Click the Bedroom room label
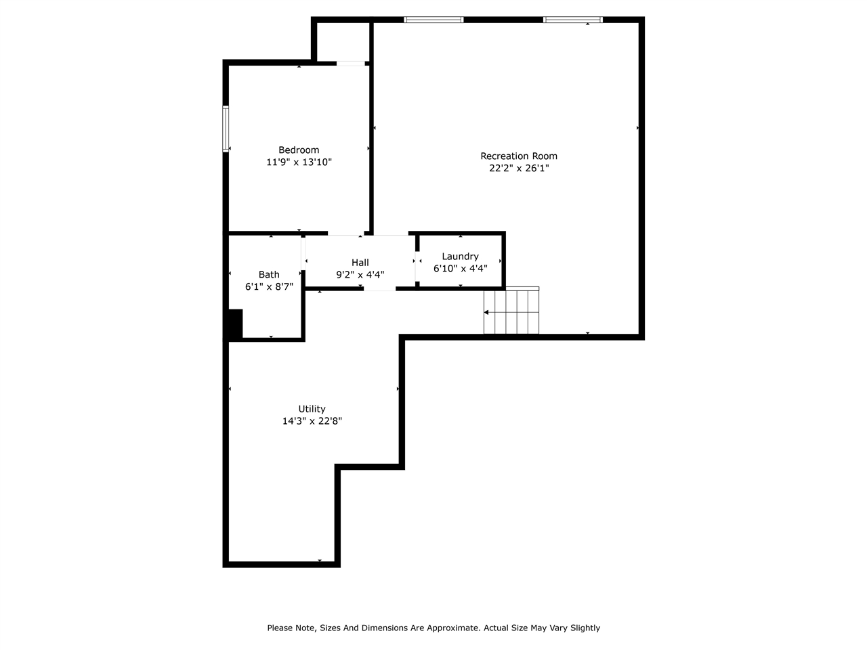click(299, 150)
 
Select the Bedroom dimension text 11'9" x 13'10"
click(299, 162)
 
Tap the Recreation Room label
click(519, 156)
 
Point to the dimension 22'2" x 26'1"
click(519, 169)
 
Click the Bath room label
click(269, 275)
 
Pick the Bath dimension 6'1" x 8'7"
click(269, 287)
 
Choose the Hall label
click(360, 263)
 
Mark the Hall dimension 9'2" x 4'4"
click(360, 275)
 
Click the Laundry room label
click(460, 257)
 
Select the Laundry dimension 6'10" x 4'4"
click(460, 268)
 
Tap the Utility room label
click(312, 409)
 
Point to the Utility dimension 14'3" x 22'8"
click(312, 421)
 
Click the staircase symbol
click(511, 311)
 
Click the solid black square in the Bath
click(234, 324)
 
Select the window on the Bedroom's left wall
click(226, 129)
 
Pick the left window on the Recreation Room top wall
click(433, 20)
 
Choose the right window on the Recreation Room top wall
click(573, 20)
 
